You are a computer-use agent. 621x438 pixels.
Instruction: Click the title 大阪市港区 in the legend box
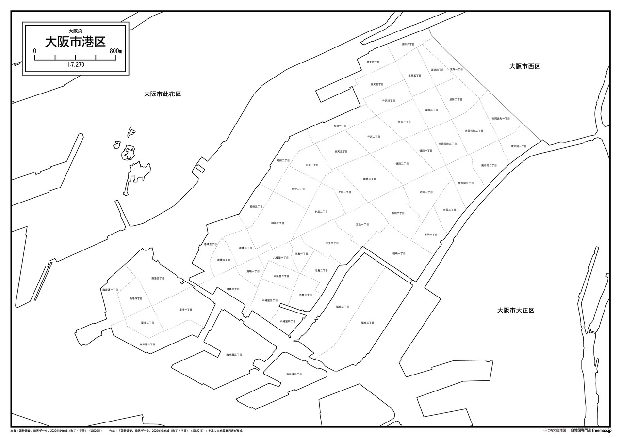tap(75, 42)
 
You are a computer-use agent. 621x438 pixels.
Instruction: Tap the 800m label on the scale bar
tap(116, 51)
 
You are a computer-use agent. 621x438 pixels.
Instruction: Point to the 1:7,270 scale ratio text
tap(75, 64)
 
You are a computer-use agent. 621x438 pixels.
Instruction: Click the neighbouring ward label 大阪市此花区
tap(163, 94)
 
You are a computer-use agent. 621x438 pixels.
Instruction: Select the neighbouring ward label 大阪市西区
tap(524, 66)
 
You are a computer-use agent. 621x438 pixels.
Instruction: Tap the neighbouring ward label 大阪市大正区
tap(515, 310)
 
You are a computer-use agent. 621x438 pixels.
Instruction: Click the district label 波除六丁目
tap(408, 44)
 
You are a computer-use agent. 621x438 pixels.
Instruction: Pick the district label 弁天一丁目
tap(404, 122)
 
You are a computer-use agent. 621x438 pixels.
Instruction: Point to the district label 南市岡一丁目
tap(518, 146)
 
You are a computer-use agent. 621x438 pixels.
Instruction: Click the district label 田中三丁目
tap(278, 223)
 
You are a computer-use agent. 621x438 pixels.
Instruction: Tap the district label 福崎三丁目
tap(367, 322)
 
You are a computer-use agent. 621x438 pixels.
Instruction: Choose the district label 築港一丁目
tap(186, 309)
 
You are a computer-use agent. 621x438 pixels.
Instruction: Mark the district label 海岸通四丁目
tap(294, 374)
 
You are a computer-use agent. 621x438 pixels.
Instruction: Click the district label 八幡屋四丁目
tap(288, 321)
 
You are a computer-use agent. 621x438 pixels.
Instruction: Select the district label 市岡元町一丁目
tap(501, 118)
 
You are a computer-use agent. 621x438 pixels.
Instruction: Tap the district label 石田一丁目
tap(340, 125)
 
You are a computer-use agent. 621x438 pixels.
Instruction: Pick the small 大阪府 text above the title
tap(75, 31)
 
